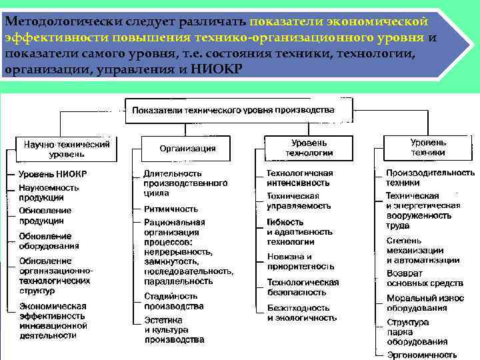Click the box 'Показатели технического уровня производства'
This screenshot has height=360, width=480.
[x=233, y=110]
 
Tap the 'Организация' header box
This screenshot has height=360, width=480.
[x=187, y=148]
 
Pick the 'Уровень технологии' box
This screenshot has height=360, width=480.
[x=309, y=148]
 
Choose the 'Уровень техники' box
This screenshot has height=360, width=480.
[x=428, y=147]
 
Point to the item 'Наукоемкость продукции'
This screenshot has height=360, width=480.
[x=48, y=193]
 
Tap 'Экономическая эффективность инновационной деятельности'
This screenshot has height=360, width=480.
[x=53, y=321]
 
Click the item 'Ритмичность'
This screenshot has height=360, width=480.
[x=171, y=209]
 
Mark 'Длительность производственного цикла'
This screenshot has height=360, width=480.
[x=185, y=183]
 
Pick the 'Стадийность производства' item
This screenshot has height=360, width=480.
[x=173, y=301]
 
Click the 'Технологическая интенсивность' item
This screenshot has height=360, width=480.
[x=299, y=177]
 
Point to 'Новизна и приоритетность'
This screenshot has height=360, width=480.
[x=300, y=261]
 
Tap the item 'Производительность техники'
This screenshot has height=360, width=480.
[x=430, y=177]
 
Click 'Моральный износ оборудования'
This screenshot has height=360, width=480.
[x=425, y=303]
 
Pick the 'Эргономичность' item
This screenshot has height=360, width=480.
[x=421, y=355]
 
